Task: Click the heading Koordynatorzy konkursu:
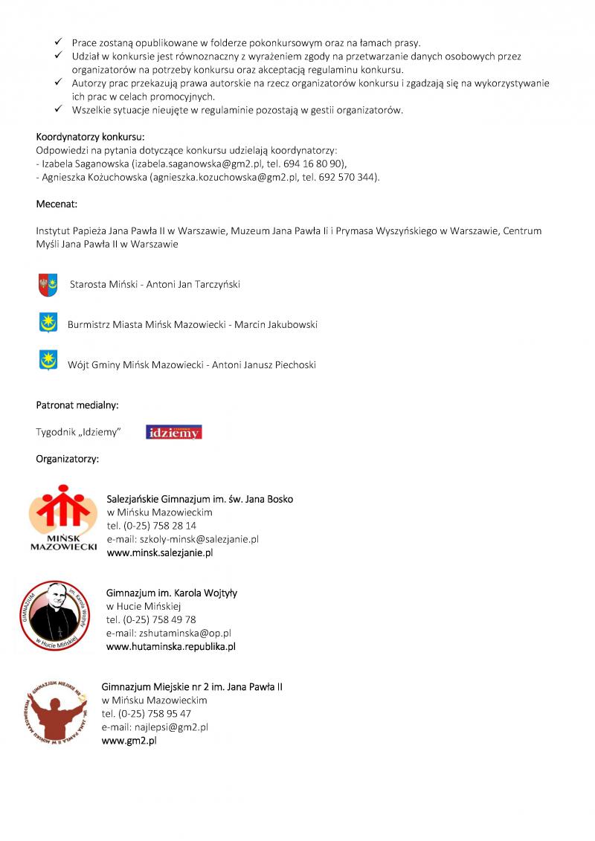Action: tap(90, 137)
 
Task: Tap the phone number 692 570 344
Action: tap(347, 177)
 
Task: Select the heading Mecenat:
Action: tap(57, 204)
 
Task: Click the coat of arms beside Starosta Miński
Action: tap(48, 283)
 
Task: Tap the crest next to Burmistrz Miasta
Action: tap(48, 323)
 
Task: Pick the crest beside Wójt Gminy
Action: tap(48, 361)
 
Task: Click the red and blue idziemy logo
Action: tap(174, 432)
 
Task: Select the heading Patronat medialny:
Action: tap(77, 405)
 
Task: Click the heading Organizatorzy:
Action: tap(68, 459)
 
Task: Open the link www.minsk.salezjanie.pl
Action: tap(160, 552)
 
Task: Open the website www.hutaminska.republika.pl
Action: tap(171, 646)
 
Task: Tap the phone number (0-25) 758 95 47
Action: tap(147, 714)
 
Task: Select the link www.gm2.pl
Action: tap(129, 741)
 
